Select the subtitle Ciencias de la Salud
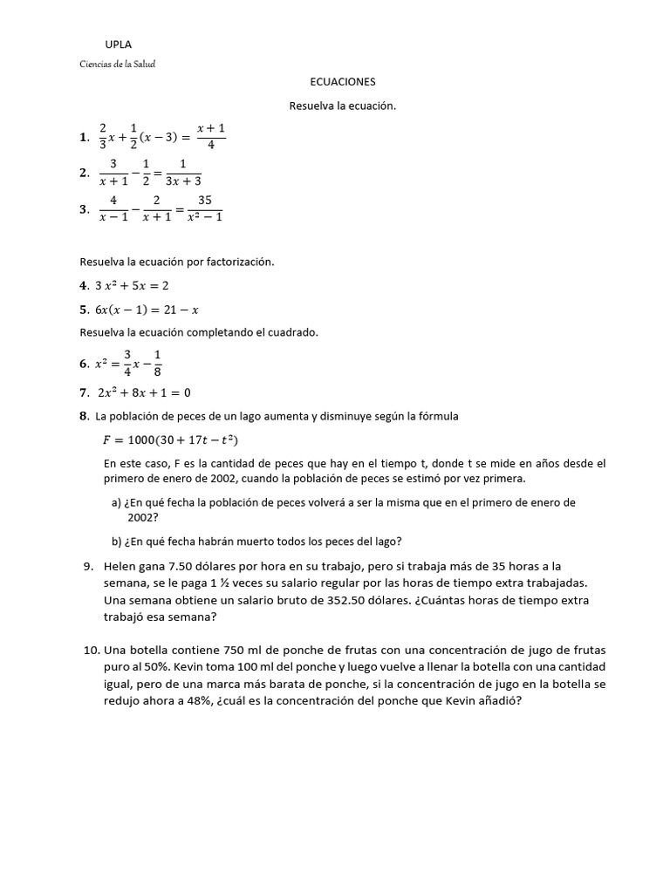(117, 64)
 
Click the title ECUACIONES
(342, 81)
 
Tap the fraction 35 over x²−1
(205, 208)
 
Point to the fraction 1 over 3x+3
(183, 172)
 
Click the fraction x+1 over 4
(210, 136)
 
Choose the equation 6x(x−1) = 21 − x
(147, 309)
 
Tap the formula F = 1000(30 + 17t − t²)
(171, 440)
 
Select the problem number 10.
(92, 651)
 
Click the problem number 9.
(89, 566)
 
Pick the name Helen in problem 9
(120, 566)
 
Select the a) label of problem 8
(116, 503)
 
